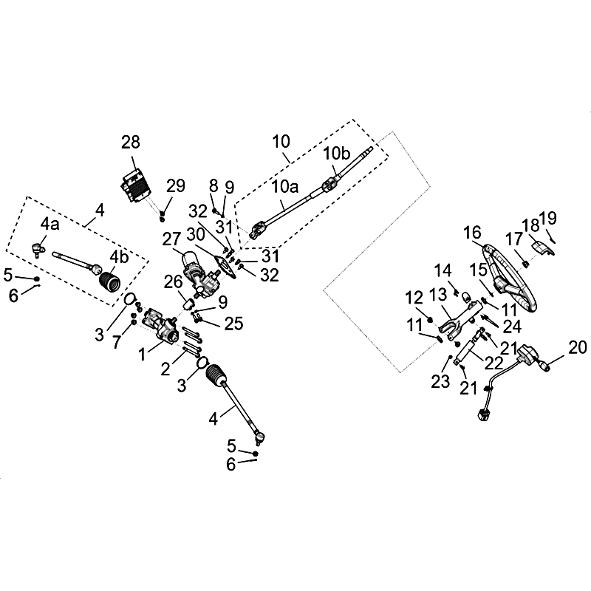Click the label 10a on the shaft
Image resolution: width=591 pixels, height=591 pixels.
[284, 188]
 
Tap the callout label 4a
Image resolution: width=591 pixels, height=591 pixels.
[50, 222]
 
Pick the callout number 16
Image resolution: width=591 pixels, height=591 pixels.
[473, 233]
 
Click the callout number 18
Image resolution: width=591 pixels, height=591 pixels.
[530, 225]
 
